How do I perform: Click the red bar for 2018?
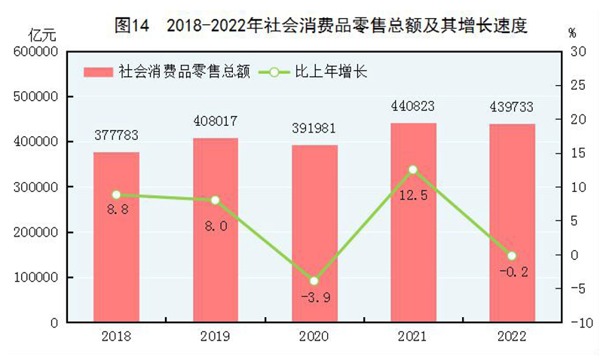point(116,237)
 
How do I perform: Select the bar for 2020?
point(315,233)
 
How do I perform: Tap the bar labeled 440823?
point(414,222)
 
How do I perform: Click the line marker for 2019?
point(215,200)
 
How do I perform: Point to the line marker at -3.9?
point(314,281)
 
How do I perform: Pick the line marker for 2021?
point(413,169)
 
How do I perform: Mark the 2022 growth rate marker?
point(512,256)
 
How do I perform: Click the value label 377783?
point(116,136)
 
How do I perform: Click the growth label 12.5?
point(413,196)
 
